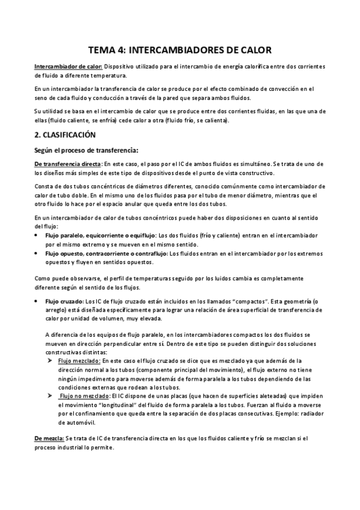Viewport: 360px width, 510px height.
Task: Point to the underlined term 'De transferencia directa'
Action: click(x=67, y=164)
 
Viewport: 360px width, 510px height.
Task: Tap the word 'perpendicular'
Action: click(x=144, y=343)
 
